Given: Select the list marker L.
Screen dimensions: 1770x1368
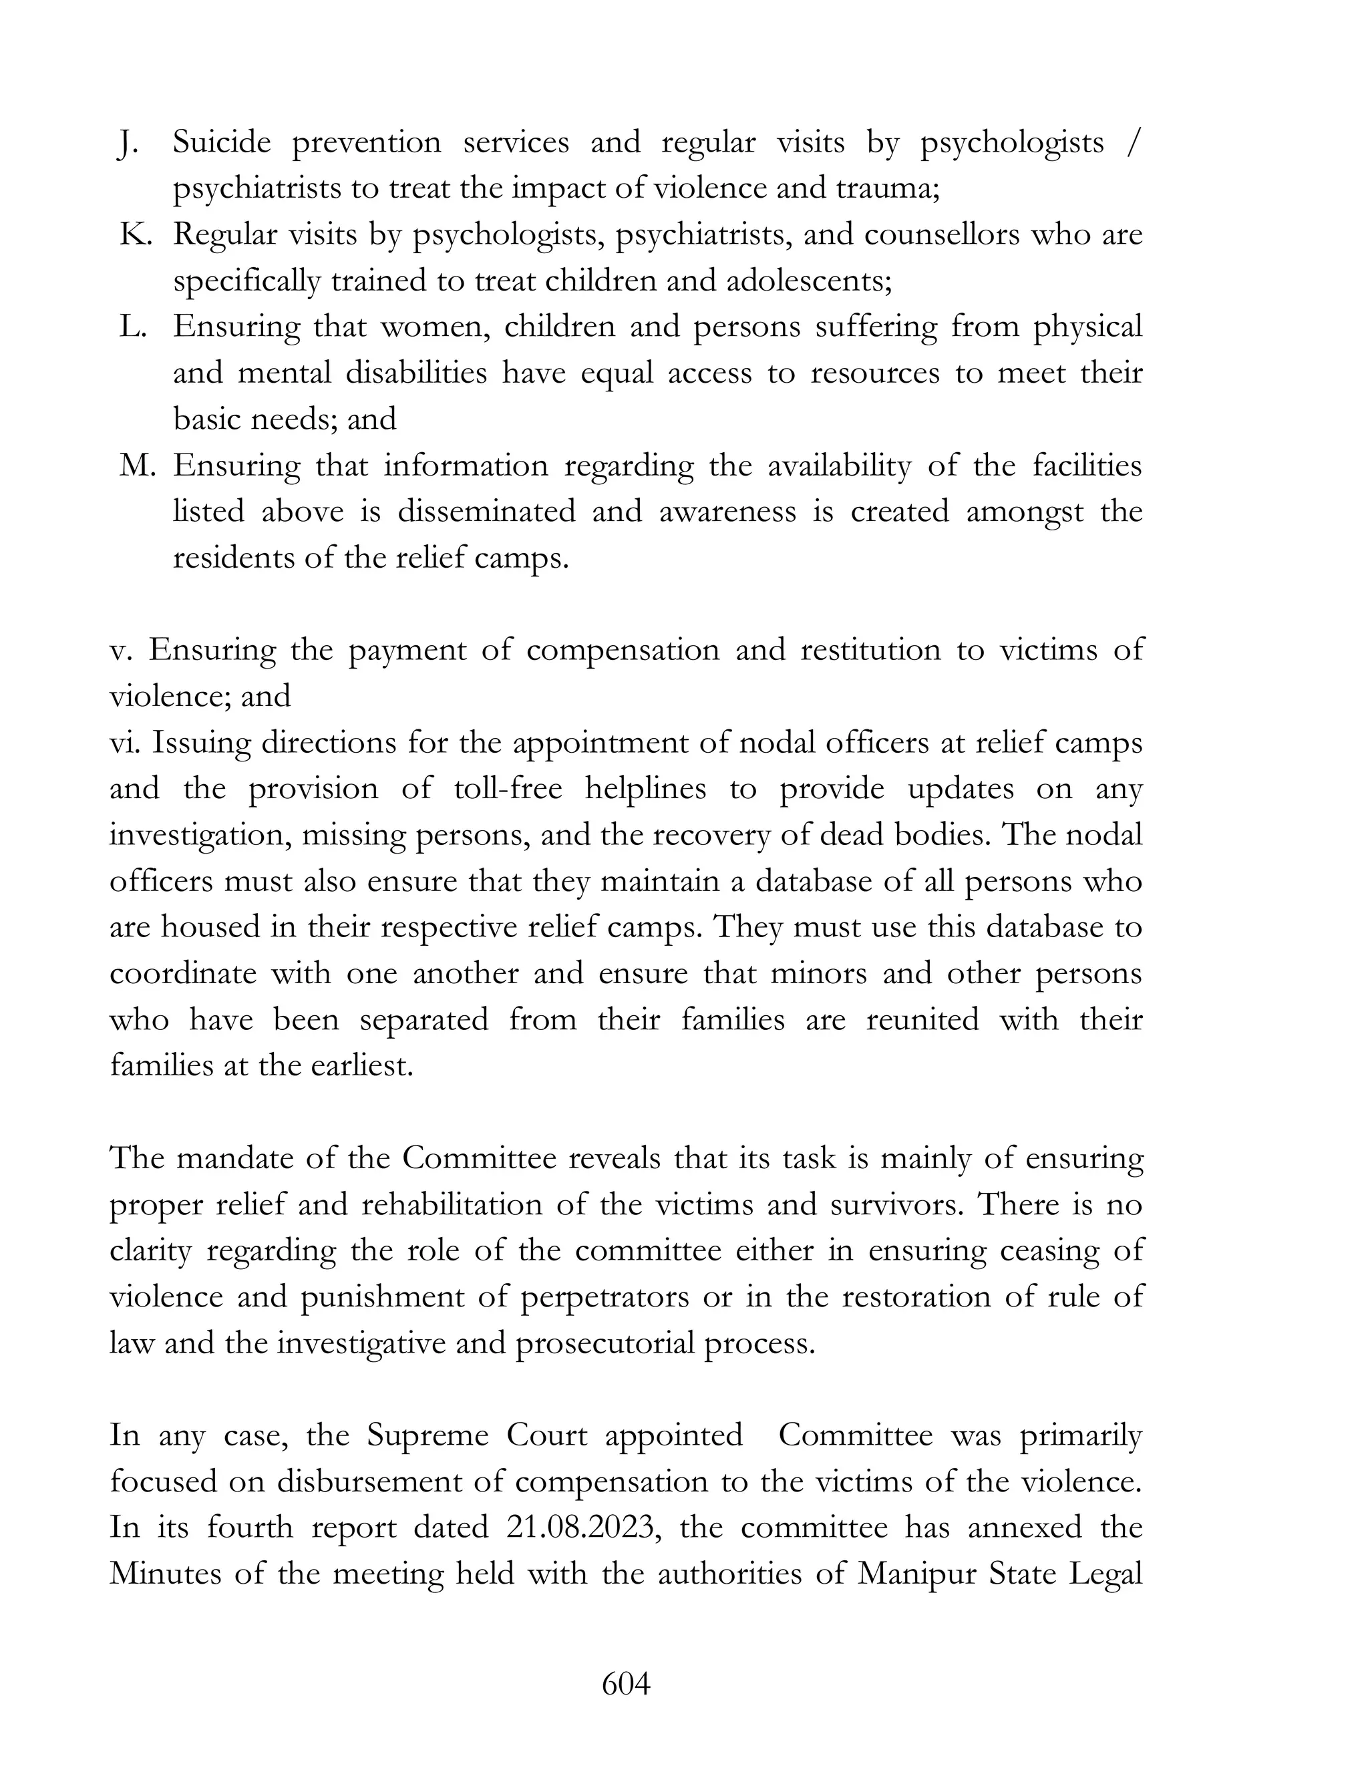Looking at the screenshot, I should click(x=132, y=327).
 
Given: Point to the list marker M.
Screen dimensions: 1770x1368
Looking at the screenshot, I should click(x=136, y=466).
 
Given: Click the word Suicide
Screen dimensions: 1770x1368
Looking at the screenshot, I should click(x=221, y=143).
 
